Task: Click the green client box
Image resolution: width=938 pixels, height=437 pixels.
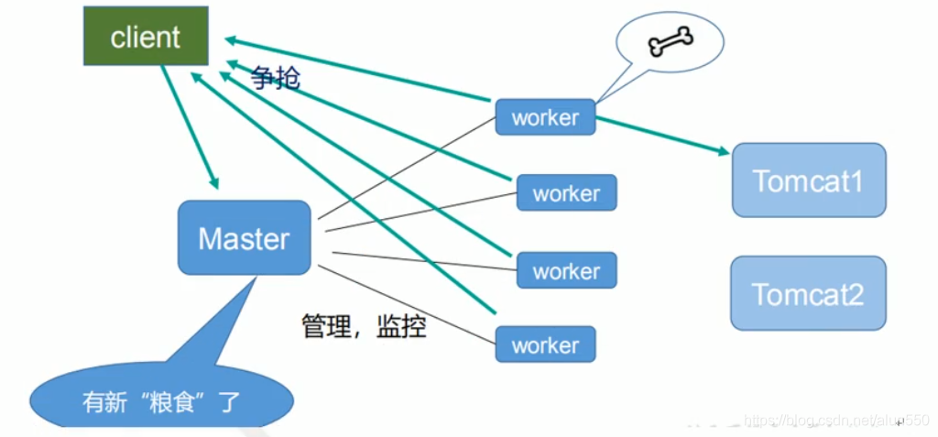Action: coord(146,38)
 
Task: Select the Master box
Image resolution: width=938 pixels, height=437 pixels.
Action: coord(244,238)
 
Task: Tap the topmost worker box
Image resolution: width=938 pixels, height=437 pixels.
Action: coord(545,117)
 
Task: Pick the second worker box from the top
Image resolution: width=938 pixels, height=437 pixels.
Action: coord(566,193)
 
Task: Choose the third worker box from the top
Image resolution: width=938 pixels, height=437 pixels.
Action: coord(566,271)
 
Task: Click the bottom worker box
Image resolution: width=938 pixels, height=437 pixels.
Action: coord(545,345)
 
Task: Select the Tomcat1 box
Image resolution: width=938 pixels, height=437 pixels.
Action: coord(808,180)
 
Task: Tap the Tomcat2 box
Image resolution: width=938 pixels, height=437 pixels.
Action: coord(808,293)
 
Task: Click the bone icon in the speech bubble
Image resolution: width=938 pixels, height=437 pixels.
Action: coord(671,39)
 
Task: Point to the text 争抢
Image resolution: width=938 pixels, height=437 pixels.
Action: coord(276,79)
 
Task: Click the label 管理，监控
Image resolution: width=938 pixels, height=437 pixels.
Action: coord(364,326)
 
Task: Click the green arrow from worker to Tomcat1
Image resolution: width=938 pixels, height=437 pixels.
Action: coord(663,134)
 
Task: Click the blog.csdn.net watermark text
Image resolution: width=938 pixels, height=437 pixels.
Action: coord(824,419)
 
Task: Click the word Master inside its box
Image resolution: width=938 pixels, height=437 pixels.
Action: coord(244,239)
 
